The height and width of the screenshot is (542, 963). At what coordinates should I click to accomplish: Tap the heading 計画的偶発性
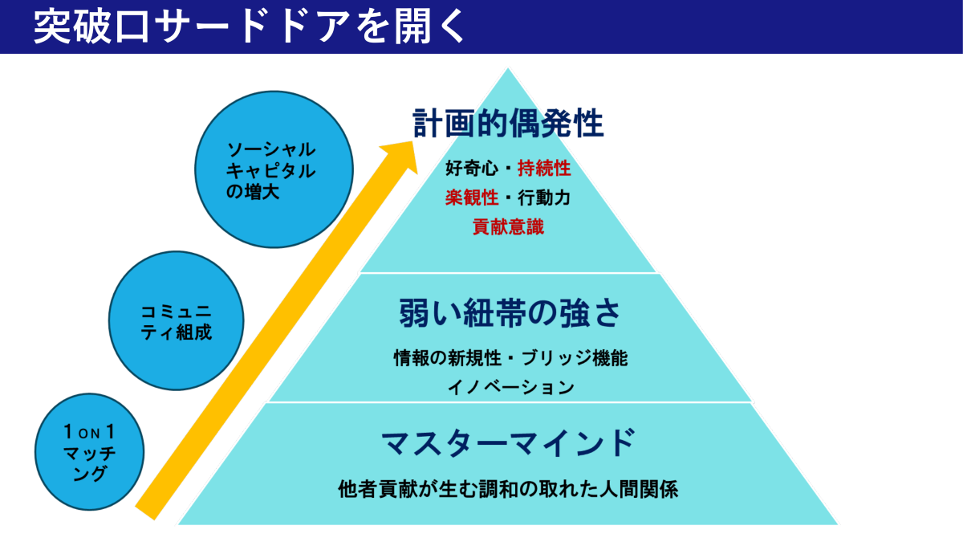[508, 124]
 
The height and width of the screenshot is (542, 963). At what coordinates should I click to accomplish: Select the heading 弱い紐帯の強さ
[510, 314]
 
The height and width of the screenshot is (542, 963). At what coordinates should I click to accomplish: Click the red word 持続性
[544, 169]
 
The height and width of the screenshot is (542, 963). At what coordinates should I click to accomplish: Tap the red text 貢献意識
[508, 226]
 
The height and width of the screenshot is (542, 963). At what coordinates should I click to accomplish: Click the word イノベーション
[510, 387]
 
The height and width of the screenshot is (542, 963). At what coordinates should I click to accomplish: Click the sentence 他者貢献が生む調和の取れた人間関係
[508, 488]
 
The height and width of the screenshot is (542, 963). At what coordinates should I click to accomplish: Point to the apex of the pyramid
[507, 70]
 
